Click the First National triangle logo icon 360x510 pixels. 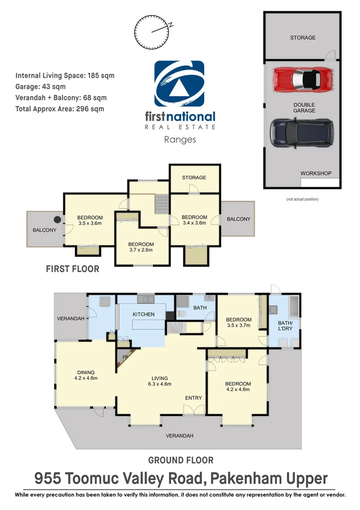[179, 85]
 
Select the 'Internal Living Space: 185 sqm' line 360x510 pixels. [65, 75]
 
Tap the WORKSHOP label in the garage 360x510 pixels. [316, 173]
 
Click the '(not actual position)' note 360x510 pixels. [302, 199]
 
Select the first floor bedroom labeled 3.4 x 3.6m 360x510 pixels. [194, 220]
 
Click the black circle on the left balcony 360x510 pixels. [57, 219]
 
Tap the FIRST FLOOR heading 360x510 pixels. [72, 269]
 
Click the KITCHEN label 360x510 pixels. [143, 314]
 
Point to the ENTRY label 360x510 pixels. [193, 398]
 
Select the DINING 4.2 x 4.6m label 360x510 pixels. [86, 375]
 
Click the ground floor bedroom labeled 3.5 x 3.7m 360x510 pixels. [239, 323]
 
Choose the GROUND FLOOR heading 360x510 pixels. [181, 460]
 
